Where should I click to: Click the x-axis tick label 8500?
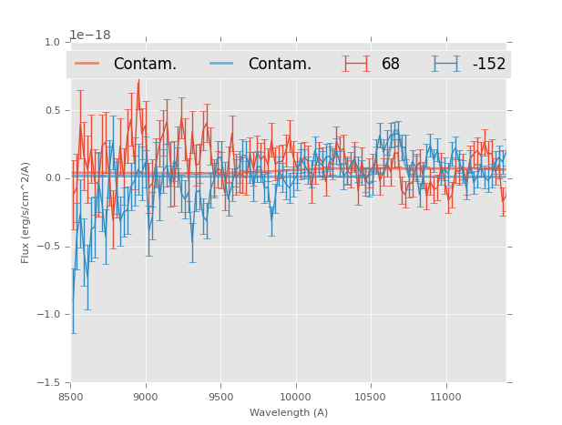click(x=71, y=397)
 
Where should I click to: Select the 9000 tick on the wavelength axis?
click(x=146, y=397)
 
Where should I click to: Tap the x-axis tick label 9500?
click(x=220, y=397)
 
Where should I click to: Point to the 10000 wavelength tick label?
click(x=295, y=397)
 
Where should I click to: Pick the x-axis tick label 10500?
click(x=370, y=397)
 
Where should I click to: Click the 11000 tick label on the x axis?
click(x=444, y=397)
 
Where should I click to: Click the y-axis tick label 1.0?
click(x=51, y=42)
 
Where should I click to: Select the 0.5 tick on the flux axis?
click(x=51, y=110)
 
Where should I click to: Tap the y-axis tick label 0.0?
click(x=51, y=178)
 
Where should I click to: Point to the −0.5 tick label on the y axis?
click(x=49, y=247)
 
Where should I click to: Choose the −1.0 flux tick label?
click(x=49, y=315)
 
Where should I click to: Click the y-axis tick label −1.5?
click(x=49, y=383)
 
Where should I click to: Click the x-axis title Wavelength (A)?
click(x=289, y=412)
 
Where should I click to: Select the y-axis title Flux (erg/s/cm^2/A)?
click(x=26, y=212)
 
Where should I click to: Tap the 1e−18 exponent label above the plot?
click(x=90, y=35)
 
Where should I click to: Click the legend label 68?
click(x=391, y=64)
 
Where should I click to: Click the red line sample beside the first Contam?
click(x=87, y=64)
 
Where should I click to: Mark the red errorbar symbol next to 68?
click(x=356, y=64)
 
